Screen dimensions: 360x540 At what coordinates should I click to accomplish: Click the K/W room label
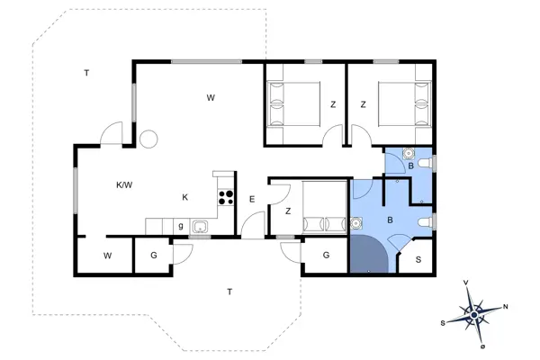pos(124,185)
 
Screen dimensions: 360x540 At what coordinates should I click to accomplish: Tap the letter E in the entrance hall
pos(253,199)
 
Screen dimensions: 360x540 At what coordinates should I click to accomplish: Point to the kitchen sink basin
pos(199,225)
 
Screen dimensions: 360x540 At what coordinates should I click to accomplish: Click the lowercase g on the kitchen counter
pos(180,225)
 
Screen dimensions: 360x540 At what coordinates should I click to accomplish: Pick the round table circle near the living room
pos(148,139)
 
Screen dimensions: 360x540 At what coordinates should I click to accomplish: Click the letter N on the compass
pos(504,307)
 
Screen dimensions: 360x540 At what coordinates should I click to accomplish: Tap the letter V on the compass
pos(465,283)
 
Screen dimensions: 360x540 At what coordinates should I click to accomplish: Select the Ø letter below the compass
pos(483,346)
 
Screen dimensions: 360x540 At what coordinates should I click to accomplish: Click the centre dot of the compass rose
pos(474,314)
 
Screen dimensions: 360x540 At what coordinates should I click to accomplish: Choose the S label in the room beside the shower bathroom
pos(418,259)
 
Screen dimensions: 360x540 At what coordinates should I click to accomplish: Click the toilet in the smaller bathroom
pos(427,161)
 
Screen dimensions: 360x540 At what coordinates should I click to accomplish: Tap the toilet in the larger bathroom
pos(427,222)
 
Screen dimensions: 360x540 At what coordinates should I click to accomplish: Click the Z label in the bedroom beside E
pos(287,211)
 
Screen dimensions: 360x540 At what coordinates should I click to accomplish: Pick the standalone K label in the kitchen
pos(184,197)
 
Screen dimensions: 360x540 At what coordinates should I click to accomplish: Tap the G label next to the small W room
pos(154,256)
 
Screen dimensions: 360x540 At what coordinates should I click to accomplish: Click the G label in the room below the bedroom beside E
pos(326,256)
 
